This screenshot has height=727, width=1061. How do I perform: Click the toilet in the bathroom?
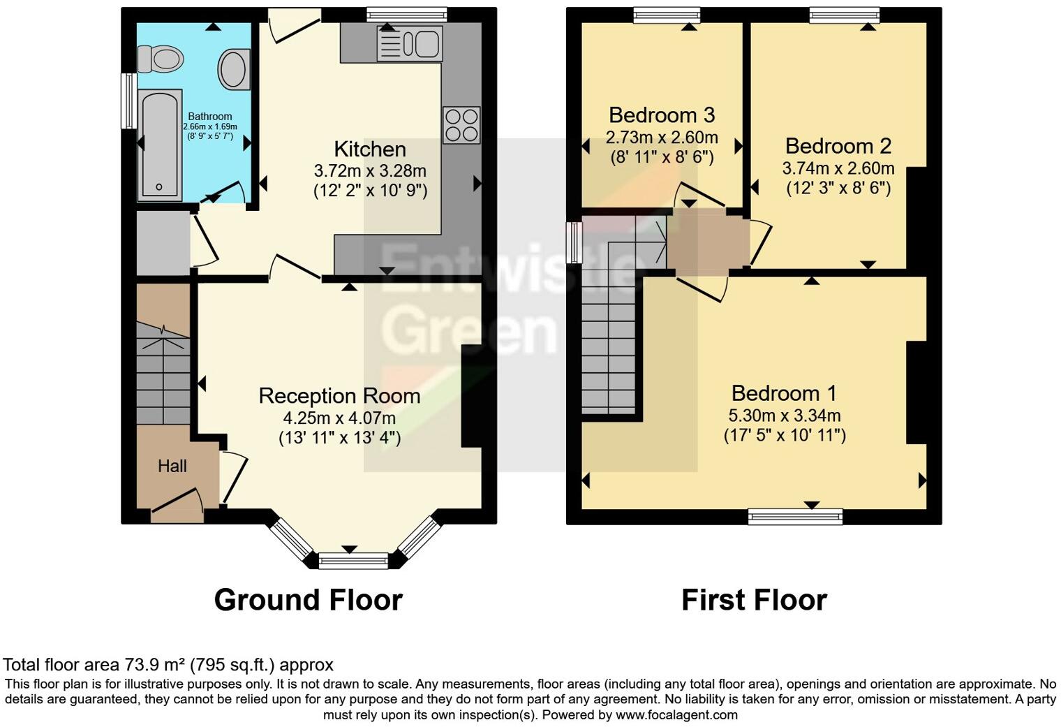159,59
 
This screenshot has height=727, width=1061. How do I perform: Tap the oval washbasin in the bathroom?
235,68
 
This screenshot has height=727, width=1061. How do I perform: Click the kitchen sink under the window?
409,43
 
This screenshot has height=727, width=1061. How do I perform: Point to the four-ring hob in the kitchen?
461,124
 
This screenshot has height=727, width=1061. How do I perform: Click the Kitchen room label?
370,149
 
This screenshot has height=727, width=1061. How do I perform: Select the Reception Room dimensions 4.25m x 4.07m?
339,418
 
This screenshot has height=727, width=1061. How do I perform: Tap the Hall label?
172,466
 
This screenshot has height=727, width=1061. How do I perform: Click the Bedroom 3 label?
662,115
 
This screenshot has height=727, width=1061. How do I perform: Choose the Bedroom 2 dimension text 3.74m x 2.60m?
838,168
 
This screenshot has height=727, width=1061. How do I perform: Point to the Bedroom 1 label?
784,392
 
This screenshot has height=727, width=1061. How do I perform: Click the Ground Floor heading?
308,600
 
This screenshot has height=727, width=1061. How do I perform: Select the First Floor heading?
754,600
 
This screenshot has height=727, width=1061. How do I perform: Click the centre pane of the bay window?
353,560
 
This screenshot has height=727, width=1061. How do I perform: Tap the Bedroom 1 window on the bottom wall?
795,517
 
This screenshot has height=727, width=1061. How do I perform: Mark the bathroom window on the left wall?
128,101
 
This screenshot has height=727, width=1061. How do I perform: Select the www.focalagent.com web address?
676,714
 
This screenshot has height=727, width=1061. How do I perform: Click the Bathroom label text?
209,117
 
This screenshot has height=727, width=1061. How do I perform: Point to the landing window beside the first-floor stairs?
574,242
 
